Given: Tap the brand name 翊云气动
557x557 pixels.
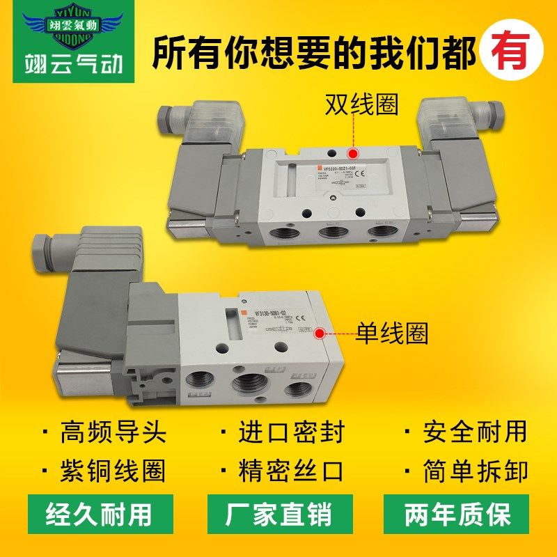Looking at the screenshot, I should tap(68, 65).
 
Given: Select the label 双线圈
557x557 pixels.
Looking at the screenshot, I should tap(361, 104).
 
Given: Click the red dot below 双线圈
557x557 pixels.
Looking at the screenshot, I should tap(353, 153).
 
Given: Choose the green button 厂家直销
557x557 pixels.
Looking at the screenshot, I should tap(278, 516).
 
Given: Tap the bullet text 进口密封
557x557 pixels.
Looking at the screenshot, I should tap(292, 432).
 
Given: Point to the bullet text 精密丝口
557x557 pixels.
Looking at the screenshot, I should tap(292, 471).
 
